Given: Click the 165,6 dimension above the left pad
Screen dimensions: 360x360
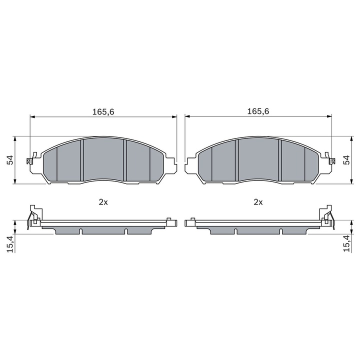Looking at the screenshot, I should point(103,112).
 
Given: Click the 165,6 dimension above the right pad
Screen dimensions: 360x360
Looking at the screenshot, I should point(258,112).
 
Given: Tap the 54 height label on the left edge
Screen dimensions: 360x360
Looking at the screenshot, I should point(8,160).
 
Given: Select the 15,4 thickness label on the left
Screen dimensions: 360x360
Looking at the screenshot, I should point(8,243).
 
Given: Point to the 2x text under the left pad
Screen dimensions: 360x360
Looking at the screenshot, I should point(103,202).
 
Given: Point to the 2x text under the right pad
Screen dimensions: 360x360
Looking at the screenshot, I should point(258,202).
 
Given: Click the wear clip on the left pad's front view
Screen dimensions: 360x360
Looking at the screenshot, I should point(32,159).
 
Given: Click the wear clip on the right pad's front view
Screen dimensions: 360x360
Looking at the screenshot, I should point(330,159).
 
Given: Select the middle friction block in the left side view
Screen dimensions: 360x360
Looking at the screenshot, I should point(103,229).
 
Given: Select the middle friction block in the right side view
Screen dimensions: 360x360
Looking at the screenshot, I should point(258,229).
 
